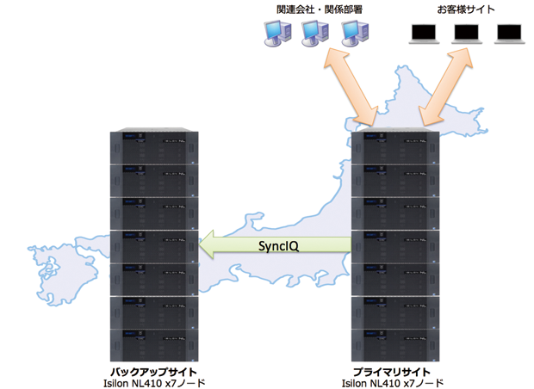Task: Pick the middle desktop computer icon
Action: coord(314,34)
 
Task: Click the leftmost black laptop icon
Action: coord(423,34)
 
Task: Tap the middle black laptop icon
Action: coord(466,34)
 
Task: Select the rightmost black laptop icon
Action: coord(508,34)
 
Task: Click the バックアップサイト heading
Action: coord(152,367)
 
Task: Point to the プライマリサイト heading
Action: coord(394,367)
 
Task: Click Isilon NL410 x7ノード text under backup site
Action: coord(152,381)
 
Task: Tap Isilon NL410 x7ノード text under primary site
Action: coord(394,381)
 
